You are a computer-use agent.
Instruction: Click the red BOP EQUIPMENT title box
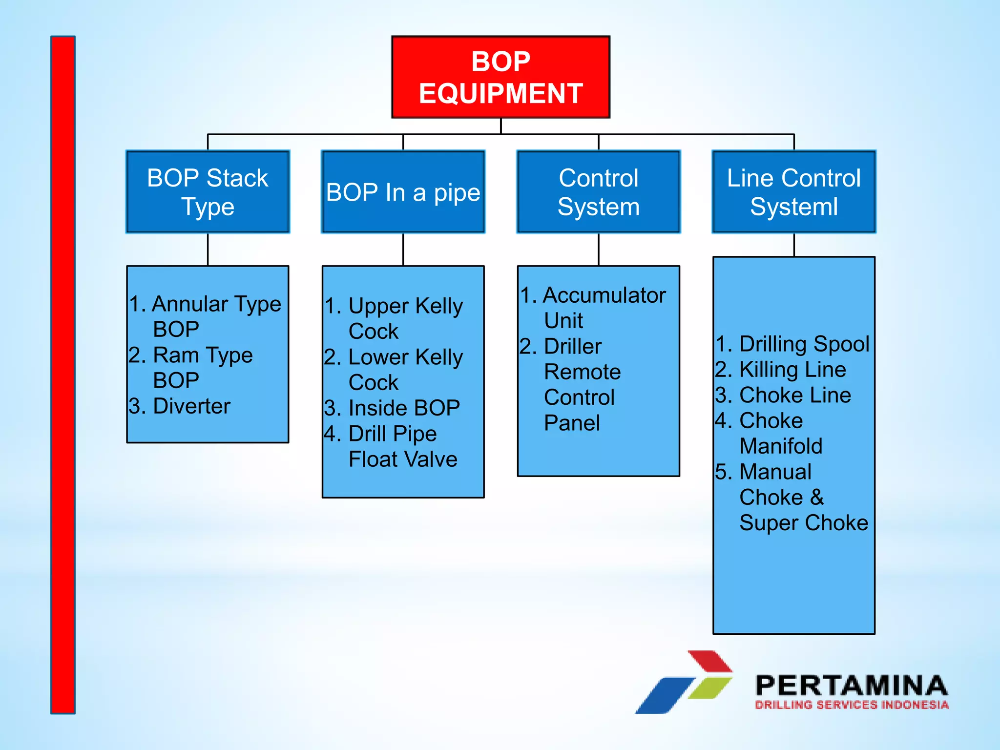click(x=500, y=77)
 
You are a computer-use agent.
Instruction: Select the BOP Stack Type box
click(x=208, y=192)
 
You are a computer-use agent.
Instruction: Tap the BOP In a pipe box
click(x=403, y=192)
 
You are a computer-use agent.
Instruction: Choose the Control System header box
click(x=598, y=192)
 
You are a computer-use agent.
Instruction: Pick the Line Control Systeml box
click(x=793, y=192)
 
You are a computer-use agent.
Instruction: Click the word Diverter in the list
click(x=191, y=406)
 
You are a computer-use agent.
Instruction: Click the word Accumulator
click(x=604, y=295)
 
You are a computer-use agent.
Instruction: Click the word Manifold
click(x=780, y=446)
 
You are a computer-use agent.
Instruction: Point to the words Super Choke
click(x=803, y=523)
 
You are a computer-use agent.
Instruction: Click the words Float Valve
click(x=403, y=459)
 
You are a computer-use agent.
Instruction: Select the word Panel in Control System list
click(x=572, y=423)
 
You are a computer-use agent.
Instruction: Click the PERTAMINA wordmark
click(x=851, y=686)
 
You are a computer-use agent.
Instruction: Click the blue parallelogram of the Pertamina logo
click(x=664, y=696)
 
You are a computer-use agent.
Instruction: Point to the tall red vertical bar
click(x=63, y=375)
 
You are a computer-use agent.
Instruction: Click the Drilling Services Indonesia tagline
click(x=851, y=705)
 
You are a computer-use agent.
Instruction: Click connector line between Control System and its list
click(x=599, y=250)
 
